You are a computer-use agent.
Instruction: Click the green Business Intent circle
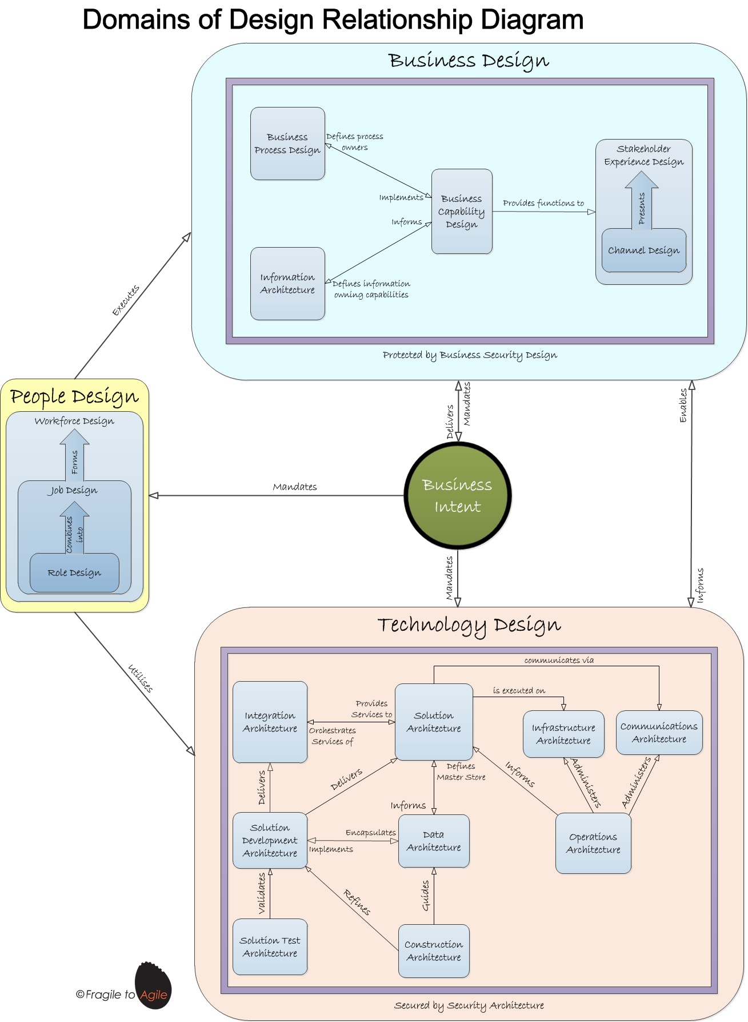click(458, 495)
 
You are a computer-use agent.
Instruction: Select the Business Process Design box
click(287, 144)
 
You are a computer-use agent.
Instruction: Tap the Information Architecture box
click(287, 284)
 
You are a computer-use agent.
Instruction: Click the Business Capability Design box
click(462, 212)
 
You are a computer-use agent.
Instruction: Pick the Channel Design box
click(643, 250)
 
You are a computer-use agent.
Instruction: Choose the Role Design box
click(74, 572)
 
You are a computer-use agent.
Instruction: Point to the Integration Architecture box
click(270, 722)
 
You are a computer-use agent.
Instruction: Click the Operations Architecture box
click(593, 844)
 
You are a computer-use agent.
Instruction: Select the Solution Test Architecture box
click(270, 947)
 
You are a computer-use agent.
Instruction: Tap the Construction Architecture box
click(434, 951)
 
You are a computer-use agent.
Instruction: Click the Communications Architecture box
click(659, 733)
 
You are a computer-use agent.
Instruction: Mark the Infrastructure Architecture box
click(563, 734)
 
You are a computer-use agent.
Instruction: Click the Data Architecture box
click(434, 841)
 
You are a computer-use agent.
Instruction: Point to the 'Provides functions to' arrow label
click(543, 203)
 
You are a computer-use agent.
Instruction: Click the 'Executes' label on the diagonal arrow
click(126, 300)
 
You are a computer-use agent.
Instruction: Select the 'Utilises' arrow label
click(141, 678)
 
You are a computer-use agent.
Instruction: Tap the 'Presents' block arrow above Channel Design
click(642, 203)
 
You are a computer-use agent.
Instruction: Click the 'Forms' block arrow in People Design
click(75, 458)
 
